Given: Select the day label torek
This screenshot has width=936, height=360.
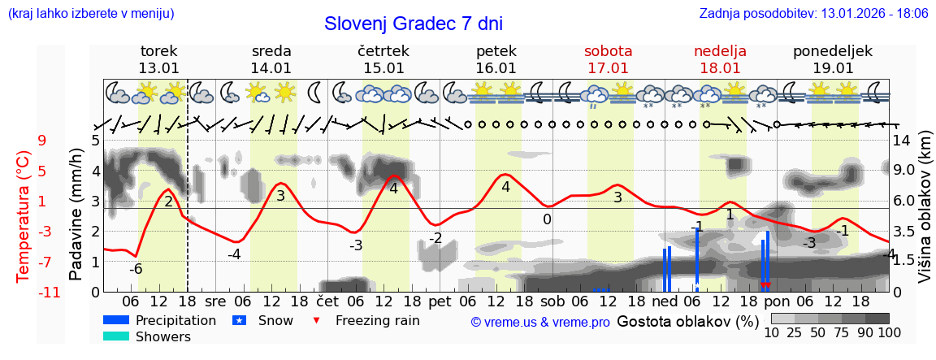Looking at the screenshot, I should (x=158, y=51).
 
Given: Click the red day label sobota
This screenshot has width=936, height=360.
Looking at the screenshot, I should (x=608, y=51).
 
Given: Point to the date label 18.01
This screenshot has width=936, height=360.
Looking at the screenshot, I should (x=720, y=68).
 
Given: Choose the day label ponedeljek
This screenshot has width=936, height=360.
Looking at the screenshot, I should (x=833, y=51).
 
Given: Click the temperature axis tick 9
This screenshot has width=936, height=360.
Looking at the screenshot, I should (x=41, y=140).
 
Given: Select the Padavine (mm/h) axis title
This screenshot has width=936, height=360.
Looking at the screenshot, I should (x=76, y=215).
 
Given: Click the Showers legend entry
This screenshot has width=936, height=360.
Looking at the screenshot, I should (x=163, y=336).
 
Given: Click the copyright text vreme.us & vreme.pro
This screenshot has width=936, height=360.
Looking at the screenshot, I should (x=539, y=322).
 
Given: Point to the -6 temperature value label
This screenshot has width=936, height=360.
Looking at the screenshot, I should (x=136, y=268).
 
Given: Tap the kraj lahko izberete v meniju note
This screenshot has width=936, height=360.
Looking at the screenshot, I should (x=91, y=14).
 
